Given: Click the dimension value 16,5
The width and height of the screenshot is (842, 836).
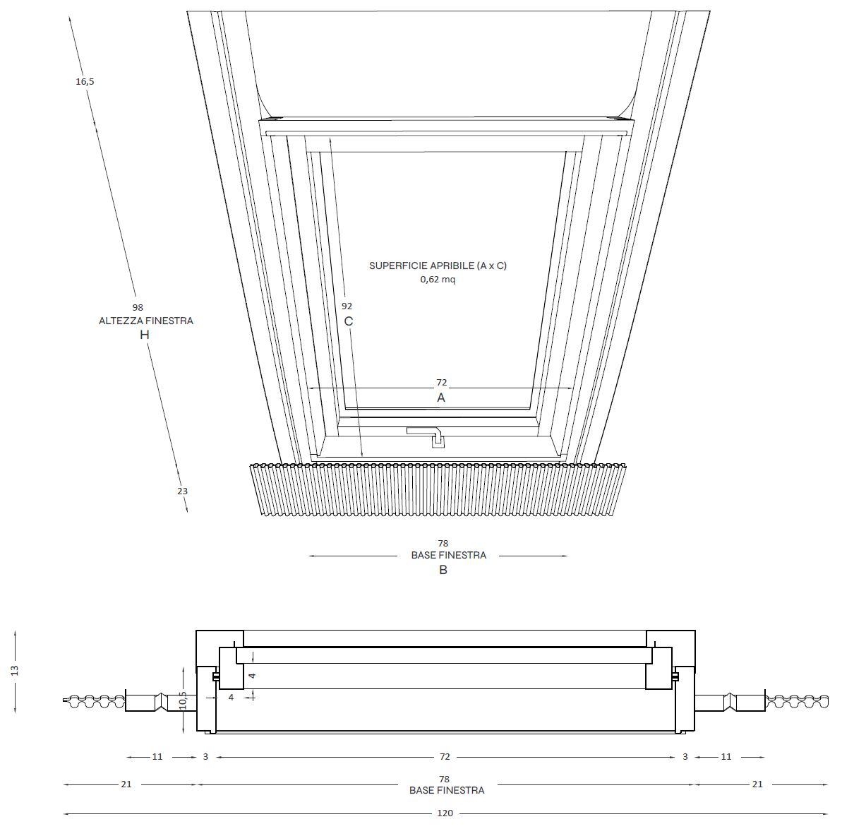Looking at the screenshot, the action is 85,82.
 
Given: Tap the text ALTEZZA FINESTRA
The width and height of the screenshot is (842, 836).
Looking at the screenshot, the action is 146,321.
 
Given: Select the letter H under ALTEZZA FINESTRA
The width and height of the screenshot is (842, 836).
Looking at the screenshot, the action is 145,335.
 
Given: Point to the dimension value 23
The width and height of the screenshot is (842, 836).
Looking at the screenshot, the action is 183,491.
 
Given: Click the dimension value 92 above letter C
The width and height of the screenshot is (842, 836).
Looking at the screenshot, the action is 347,306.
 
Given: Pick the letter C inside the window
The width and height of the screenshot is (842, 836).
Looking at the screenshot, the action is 349,321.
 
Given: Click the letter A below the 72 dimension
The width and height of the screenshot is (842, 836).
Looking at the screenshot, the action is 441,398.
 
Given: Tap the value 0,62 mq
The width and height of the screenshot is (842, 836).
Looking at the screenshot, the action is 438,280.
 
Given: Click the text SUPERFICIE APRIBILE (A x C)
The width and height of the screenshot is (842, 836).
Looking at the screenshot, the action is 438,265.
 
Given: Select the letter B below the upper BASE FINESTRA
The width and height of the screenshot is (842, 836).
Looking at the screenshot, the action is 443,570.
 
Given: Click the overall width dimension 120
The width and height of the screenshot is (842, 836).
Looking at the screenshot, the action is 445,813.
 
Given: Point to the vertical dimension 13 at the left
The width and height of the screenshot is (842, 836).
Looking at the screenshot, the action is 15,670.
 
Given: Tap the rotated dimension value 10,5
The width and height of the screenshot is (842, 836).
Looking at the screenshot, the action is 183,700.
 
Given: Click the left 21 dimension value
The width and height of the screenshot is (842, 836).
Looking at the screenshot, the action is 126,784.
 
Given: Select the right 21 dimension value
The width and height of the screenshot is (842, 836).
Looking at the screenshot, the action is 757,784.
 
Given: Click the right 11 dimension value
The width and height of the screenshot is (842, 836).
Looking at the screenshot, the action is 726,756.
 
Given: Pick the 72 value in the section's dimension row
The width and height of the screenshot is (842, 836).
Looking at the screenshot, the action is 445,756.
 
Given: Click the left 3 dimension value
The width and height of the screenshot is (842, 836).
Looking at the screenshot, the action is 205,756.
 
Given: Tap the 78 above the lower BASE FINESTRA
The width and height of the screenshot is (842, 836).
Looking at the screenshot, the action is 444,779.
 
